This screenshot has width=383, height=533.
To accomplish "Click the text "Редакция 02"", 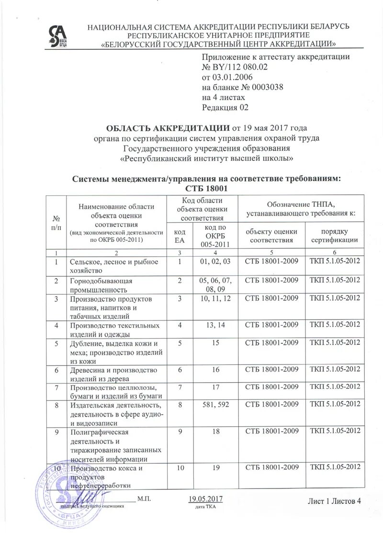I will (x=225, y=107).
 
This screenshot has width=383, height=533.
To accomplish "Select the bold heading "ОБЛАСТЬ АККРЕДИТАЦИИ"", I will (x=168, y=128).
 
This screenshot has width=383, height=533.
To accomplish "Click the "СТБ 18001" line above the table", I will (x=206, y=189).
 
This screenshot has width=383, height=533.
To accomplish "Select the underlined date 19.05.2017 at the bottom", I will (x=206, y=499).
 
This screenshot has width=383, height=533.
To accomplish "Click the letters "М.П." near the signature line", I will (x=145, y=500).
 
